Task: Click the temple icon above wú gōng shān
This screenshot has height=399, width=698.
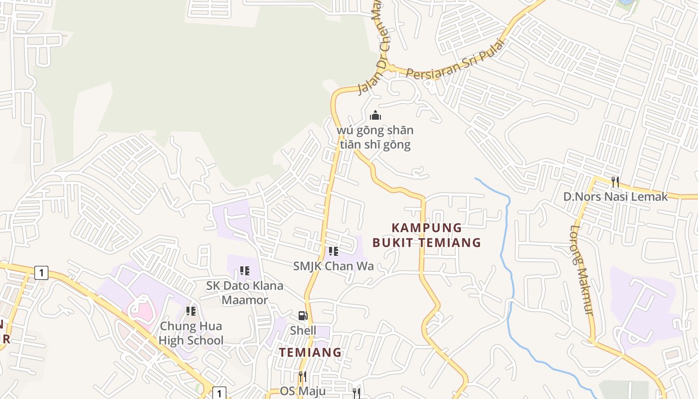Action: (375, 116)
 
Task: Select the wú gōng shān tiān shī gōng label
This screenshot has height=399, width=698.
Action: (375, 138)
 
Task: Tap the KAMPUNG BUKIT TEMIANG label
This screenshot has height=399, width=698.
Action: (427, 235)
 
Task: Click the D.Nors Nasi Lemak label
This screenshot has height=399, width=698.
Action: (615, 197)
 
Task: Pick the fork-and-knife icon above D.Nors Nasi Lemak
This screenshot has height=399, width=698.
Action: (615, 182)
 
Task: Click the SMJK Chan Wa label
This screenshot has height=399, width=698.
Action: (334, 266)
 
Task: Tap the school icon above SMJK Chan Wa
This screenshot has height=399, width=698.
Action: (334, 251)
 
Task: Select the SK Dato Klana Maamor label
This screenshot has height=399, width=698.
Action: (245, 293)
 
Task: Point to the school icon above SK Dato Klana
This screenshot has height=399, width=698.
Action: (245, 271)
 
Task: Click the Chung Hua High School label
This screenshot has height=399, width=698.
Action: (191, 333)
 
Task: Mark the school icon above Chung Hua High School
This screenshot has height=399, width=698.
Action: (191, 311)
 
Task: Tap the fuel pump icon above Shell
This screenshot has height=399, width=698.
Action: (303, 316)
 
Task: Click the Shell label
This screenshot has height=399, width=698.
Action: (303, 331)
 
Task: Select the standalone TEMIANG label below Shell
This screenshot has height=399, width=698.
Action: (310, 352)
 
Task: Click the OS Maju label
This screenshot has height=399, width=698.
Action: (303, 391)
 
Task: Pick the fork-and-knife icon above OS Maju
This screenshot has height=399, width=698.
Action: (303, 376)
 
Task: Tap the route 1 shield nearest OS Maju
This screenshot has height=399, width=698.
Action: (219, 393)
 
